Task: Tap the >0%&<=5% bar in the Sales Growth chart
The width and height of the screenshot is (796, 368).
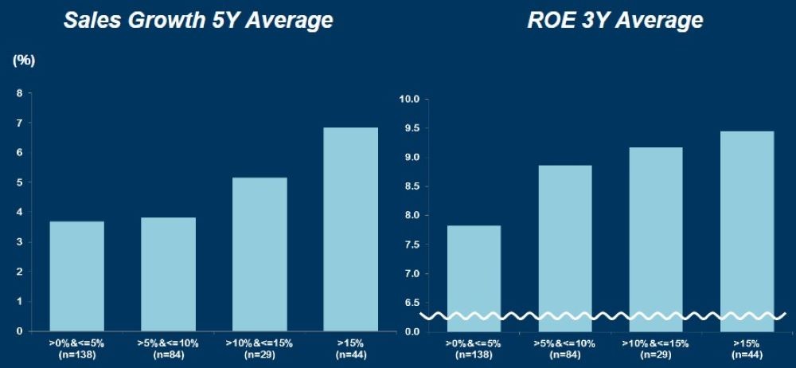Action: click(x=77, y=276)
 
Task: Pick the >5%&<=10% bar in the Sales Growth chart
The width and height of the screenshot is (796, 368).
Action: click(x=169, y=274)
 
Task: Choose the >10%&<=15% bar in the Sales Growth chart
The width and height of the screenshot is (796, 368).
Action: click(x=260, y=254)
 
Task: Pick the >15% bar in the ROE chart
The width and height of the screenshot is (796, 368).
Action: click(x=748, y=224)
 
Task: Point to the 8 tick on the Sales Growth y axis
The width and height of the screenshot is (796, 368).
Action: click(x=19, y=93)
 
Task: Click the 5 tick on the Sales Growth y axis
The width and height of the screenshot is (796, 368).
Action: click(x=19, y=182)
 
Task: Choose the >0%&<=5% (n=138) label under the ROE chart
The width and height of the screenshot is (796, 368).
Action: click(x=474, y=347)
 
